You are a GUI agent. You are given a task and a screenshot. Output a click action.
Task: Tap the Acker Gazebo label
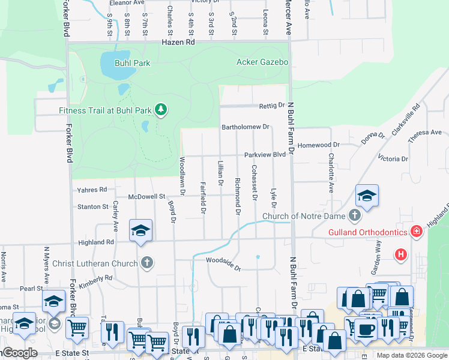tap(262, 62)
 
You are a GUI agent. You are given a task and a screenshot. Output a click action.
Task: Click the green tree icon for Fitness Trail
tap(160, 109)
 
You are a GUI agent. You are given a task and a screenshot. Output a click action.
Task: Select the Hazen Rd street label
tap(178, 43)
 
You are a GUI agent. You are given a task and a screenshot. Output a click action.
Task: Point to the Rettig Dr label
tap(271, 106)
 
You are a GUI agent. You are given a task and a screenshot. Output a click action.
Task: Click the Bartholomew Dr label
tap(246, 127)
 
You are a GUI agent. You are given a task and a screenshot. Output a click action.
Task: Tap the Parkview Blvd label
tap(265, 155)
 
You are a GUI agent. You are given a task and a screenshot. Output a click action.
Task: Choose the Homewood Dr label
tap(319, 145)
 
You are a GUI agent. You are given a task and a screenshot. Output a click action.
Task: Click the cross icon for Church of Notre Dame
tap(355, 215)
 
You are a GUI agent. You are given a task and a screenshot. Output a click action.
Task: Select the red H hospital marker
tap(401, 255)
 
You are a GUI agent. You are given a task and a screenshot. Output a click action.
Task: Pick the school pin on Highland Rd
tap(140, 231)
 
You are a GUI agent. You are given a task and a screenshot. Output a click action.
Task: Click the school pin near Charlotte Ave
tap(367, 196)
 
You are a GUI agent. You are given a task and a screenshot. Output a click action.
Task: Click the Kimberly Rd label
tap(95, 280)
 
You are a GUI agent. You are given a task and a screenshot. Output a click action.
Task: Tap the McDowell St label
tap(147, 196)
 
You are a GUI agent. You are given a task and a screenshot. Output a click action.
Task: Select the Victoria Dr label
tap(393, 159)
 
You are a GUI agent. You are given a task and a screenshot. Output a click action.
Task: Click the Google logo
tap(19, 353)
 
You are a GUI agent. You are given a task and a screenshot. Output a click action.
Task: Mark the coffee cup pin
tap(366, 329)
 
